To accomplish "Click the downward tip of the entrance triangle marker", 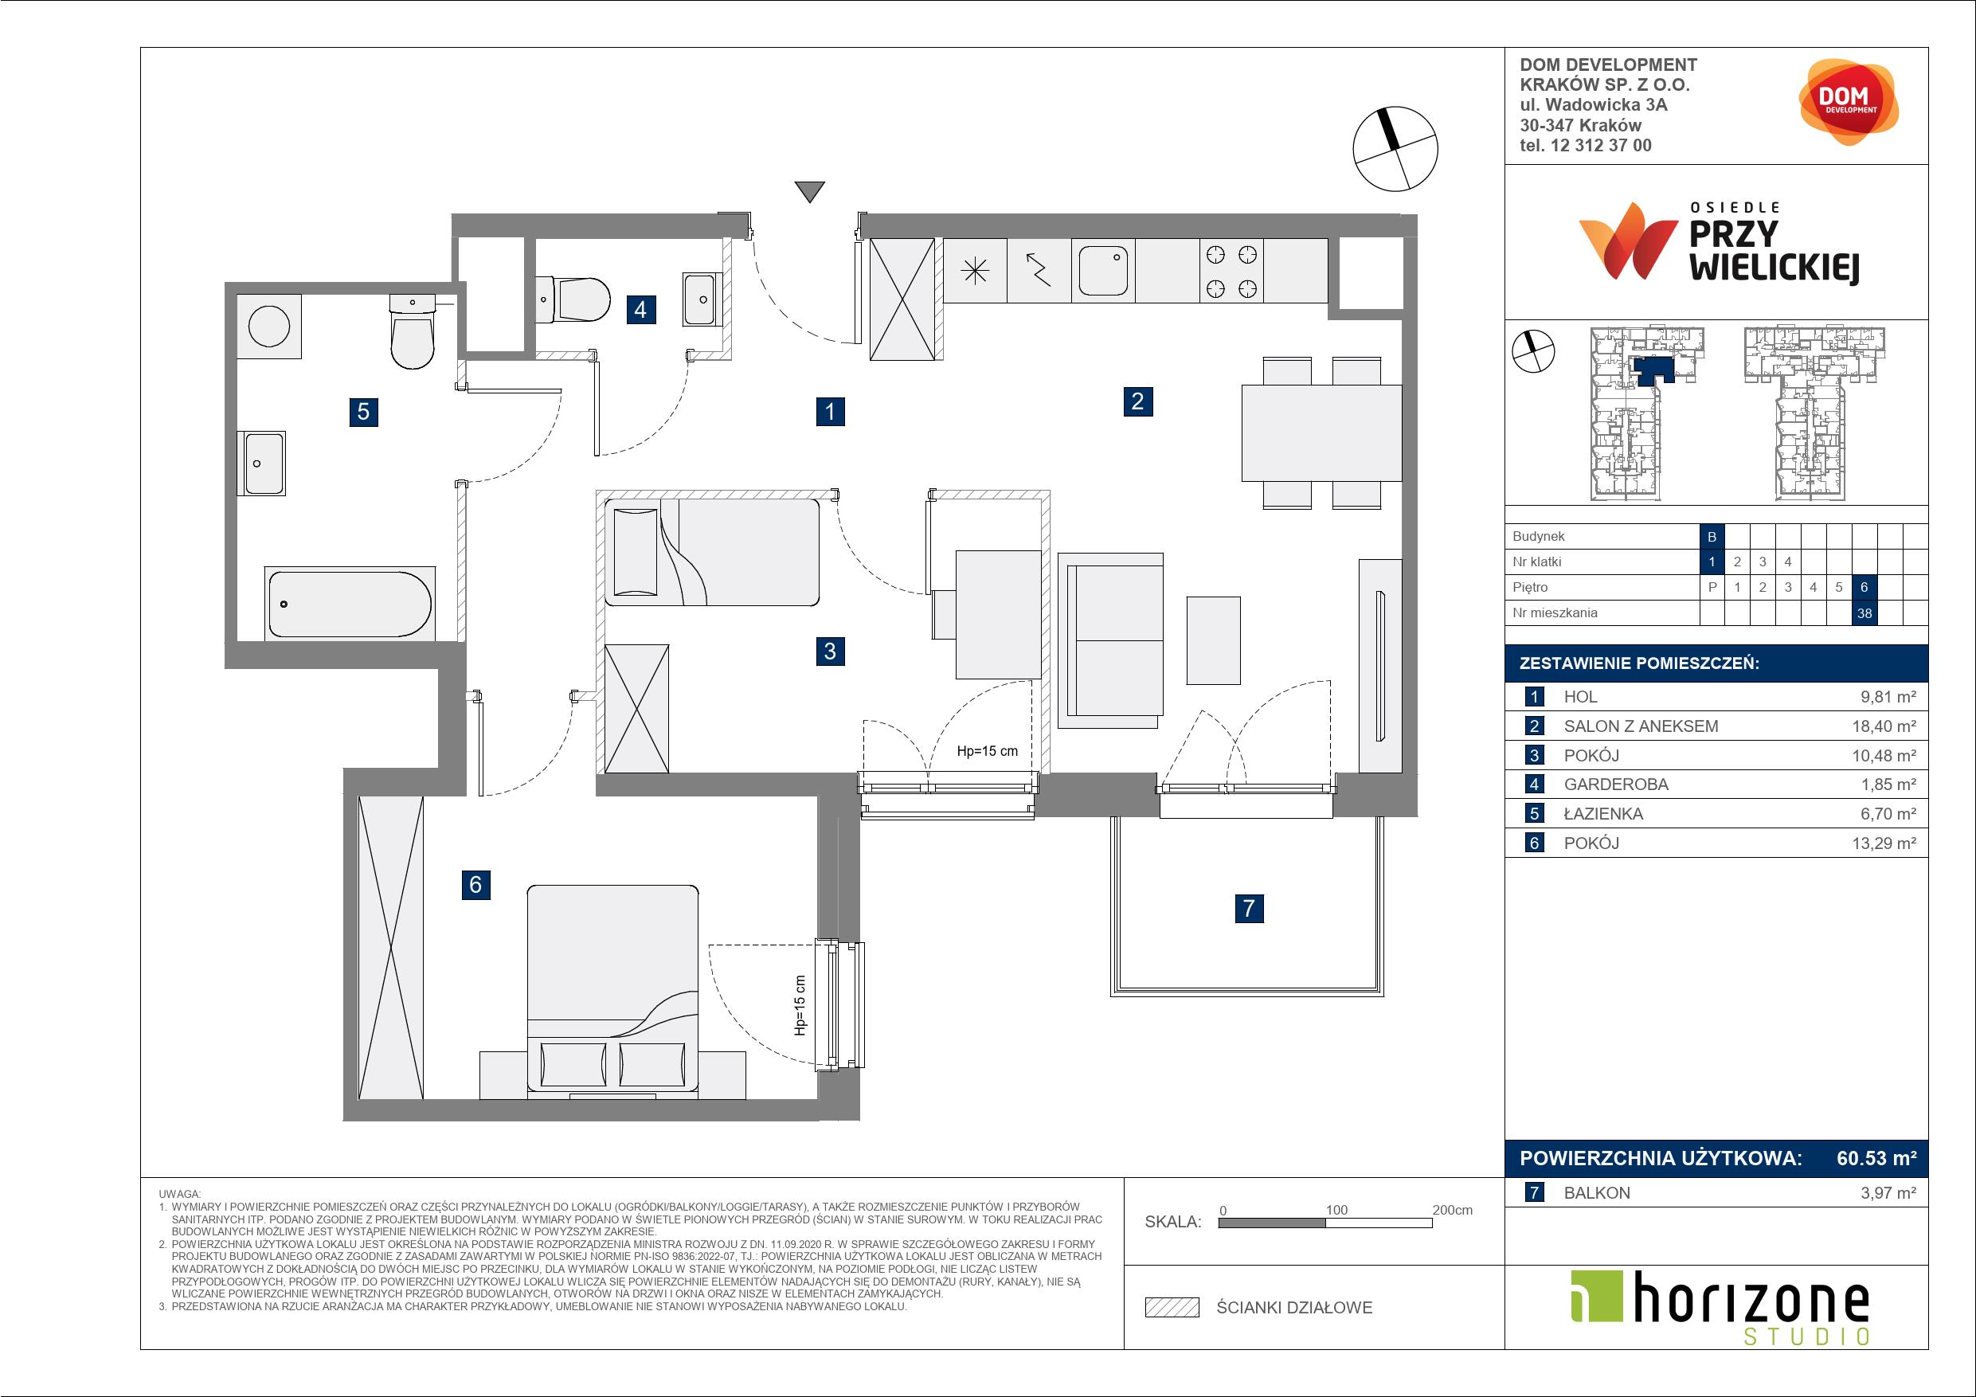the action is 809,203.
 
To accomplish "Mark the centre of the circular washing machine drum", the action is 269,327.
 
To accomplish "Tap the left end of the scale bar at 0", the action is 1219,1223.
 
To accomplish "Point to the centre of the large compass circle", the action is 1395,149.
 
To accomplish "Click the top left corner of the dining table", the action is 1242,385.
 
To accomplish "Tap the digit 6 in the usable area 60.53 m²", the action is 1844,1159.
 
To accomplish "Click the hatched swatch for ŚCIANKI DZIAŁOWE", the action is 1172,1308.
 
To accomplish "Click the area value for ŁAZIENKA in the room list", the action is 1884,814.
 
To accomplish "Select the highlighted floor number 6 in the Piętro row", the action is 1864,588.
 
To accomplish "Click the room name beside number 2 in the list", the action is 1641,726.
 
